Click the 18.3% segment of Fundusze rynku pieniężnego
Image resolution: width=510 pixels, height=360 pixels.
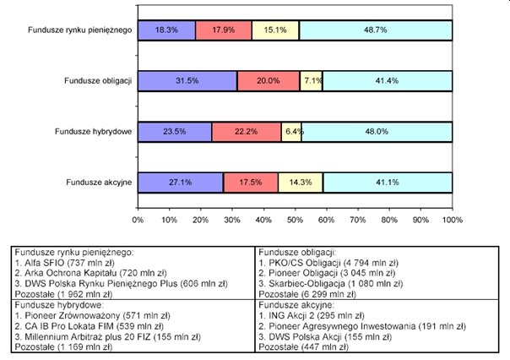(166, 30)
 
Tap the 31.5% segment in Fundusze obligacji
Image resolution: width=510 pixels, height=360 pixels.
(187, 81)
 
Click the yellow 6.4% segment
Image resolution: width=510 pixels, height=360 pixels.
(291, 132)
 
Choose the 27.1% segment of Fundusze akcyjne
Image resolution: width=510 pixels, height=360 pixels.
(181, 183)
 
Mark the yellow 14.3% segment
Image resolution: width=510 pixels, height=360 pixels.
(300, 183)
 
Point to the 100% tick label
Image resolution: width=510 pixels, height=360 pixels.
(451, 220)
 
